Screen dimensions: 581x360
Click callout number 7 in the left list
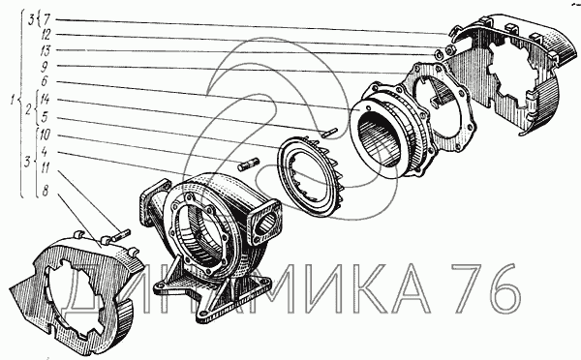[x=47, y=19]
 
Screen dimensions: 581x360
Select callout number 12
[x=46, y=35]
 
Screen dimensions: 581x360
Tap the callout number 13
[x=46, y=50]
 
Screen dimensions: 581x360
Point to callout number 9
[x=45, y=67]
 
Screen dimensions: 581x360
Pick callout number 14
[x=45, y=100]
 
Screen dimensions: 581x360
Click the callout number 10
[x=45, y=135]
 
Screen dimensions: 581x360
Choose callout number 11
[x=46, y=167]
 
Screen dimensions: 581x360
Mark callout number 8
[x=46, y=191]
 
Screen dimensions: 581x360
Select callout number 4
[x=45, y=152]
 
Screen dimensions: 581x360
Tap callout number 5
[x=45, y=118]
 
